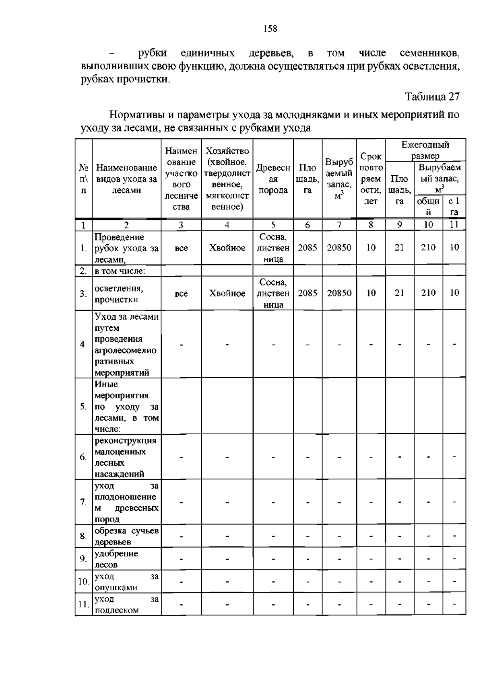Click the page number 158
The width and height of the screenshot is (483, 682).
[270, 29]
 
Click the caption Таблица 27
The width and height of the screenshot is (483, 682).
[432, 97]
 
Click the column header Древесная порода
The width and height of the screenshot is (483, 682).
[273, 179]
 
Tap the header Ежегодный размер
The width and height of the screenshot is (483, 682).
[425, 150]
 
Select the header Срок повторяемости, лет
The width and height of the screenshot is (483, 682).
[371, 179]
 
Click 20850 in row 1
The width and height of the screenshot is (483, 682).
[339, 248]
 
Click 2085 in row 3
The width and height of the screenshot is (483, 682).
[308, 293]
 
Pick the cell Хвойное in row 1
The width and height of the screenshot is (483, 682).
[227, 248]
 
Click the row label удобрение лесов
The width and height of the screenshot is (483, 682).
[116, 559]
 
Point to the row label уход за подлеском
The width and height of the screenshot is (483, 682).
[126, 604]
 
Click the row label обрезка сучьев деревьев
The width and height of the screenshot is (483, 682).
[126, 536]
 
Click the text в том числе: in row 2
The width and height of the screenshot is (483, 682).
[120, 271]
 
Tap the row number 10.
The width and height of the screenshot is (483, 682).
[83, 581]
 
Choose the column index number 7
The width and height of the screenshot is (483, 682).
[339, 225]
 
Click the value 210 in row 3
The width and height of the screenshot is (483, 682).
[428, 293]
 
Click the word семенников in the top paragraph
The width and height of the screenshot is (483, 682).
[429, 53]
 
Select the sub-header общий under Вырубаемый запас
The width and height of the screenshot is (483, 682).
[428, 206]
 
